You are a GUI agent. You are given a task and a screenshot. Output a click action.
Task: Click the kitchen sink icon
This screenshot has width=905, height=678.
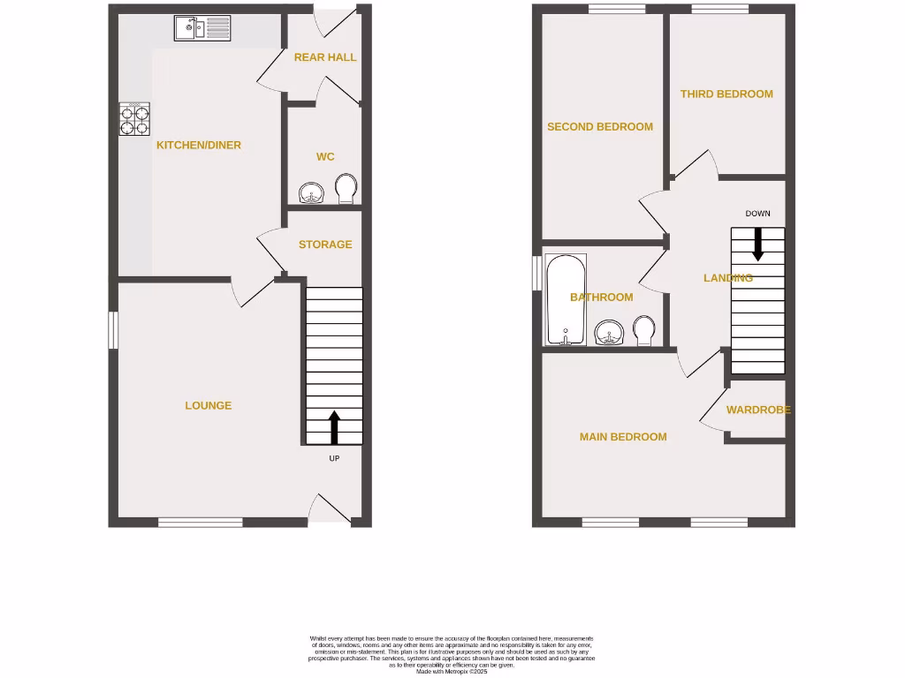coord(202,28)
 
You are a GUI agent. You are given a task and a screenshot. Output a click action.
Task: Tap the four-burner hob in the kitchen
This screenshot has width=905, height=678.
coord(134,119)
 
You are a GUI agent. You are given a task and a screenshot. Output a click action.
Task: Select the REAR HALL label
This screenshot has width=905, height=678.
coord(325,57)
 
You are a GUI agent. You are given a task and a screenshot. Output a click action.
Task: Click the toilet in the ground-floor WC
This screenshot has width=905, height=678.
coord(346,188)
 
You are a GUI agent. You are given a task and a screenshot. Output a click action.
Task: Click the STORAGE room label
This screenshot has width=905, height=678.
coord(325,245)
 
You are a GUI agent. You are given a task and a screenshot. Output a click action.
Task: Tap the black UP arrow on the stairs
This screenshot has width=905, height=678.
coord(334,426)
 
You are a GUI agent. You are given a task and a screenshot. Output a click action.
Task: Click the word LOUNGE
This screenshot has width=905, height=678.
coord(209,406)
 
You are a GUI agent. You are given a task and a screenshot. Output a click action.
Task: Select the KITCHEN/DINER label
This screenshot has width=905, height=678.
coord(199,146)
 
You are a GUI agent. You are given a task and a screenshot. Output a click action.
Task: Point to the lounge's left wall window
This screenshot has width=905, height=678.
coord(113,330)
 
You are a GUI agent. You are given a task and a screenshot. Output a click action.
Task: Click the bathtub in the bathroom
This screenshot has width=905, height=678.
coord(565,300)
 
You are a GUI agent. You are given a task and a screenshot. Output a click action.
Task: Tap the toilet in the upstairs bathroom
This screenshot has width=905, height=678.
coord(644,331)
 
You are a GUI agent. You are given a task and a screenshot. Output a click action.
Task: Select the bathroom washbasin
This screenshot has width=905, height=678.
coord(609,333)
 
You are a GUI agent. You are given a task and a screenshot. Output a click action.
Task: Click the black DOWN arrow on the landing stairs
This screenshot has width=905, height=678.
coord(757,244)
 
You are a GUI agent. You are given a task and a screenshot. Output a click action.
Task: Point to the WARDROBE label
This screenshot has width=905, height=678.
coord(758,410)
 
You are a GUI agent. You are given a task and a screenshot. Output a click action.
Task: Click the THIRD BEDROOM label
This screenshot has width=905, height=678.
coord(726,94)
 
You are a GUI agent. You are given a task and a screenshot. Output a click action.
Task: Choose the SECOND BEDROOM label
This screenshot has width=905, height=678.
coord(600,127)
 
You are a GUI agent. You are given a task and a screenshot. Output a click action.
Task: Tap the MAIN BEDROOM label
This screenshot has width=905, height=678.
coord(623,437)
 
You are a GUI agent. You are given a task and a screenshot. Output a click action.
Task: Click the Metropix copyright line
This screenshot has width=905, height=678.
coord(452,672)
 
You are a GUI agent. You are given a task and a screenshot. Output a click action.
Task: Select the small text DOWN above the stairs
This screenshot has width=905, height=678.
coord(757,214)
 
